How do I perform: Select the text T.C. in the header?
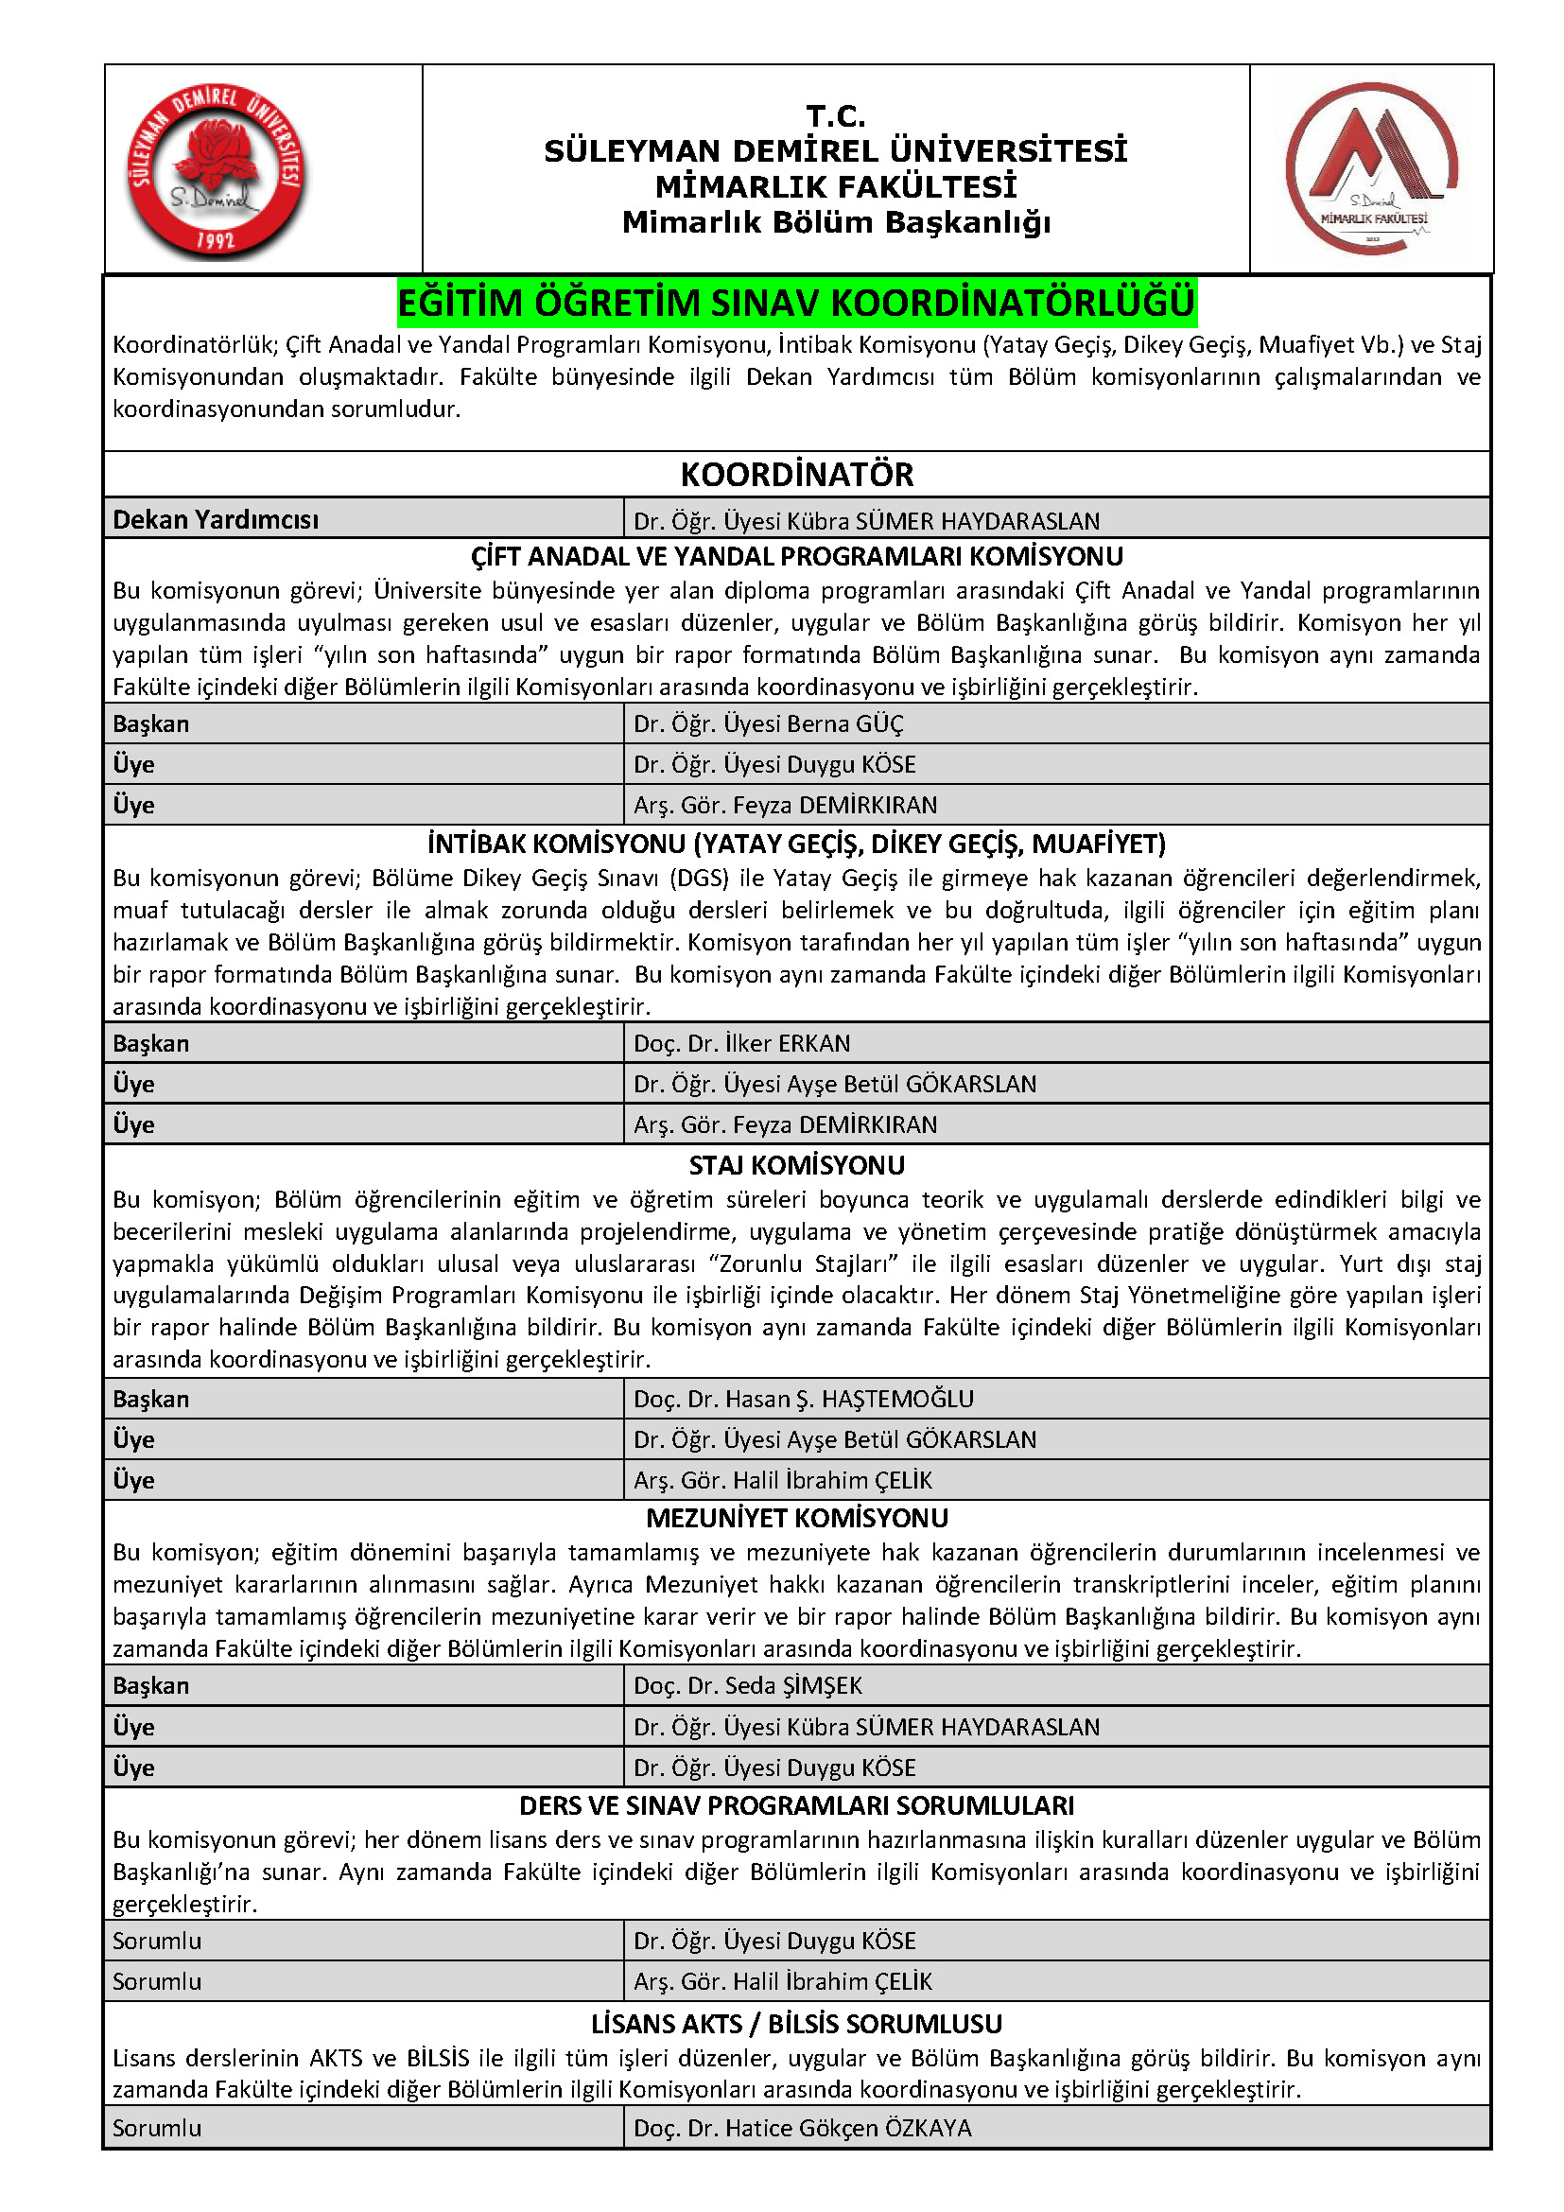[x=836, y=116]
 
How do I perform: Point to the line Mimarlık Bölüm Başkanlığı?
[x=836, y=222]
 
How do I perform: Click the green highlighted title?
[x=796, y=304]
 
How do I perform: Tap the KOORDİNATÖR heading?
[x=796, y=475]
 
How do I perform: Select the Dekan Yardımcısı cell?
[x=216, y=520]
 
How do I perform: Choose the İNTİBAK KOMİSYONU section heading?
[x=796, y=844]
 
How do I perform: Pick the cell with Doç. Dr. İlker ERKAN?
[x=741, y=1043]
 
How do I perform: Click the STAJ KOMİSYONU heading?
[x=796, y=1166]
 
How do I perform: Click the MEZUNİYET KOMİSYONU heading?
[x=796, y=1519]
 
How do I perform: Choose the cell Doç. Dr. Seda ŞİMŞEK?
[x=747, y=1685]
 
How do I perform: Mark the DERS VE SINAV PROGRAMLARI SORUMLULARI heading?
[x=796, y=1805]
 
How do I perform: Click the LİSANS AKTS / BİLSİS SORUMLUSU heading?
[x=796, y=2024]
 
